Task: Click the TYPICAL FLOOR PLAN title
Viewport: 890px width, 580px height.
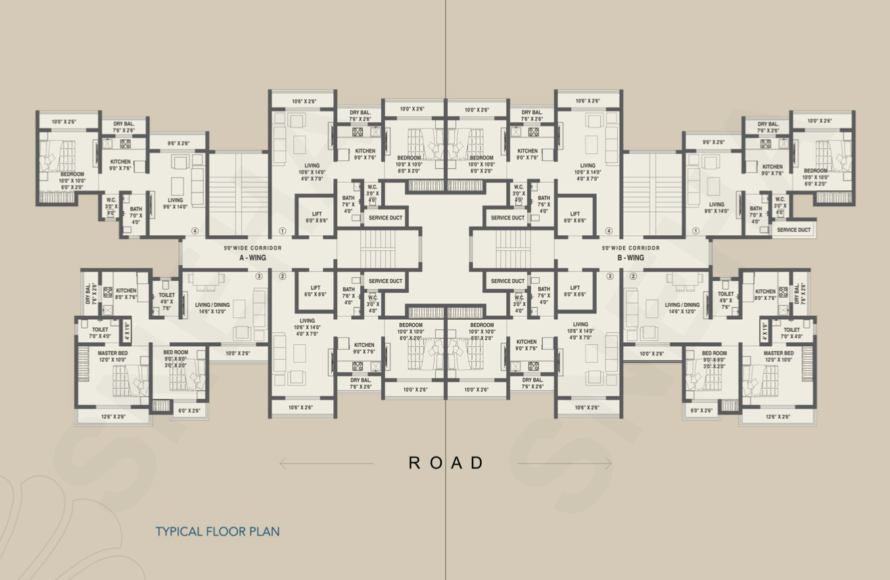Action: click(x=217, y=531)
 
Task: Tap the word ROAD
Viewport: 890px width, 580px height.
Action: click(x=446, y=463)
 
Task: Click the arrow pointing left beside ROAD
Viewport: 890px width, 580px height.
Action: click(x=325, y=464)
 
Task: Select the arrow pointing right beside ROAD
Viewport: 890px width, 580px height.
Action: click(x=565, y=464)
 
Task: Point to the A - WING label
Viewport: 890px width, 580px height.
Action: click(x=252, y=258)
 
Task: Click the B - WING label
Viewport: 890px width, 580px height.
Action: click(x=630, y=258)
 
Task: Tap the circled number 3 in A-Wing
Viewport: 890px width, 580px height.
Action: click(x=259, y=277)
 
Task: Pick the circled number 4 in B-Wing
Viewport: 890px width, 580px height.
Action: click(x=609, y=231)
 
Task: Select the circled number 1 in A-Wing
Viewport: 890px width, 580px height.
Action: click(x=283, y=231)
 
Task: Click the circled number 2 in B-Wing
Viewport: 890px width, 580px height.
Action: click(x=633, y=277)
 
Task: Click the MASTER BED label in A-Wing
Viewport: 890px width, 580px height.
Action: click(x=112, y=353)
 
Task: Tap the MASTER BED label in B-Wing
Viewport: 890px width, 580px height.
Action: click(x=778, y=353)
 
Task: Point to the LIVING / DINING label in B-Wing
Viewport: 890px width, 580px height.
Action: click(x=682, y=305)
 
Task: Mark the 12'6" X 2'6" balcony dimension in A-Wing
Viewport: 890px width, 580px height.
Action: click(x=113, y=416)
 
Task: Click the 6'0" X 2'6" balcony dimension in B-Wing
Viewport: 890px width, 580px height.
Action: click(x=701, y=411)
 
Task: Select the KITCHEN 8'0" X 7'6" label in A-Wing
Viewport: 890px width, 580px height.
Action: click(x=126, y=294)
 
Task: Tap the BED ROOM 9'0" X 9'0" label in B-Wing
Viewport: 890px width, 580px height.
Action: click(x=714, y=357)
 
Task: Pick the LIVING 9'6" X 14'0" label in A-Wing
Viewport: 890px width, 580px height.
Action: click(x=175, y=203)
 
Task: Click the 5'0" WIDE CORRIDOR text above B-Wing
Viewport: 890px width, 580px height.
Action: click(x=630, y=248)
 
